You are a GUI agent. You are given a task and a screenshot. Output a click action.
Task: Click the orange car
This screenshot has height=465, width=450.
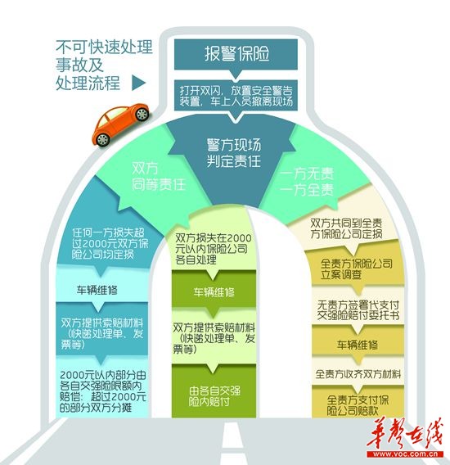120,124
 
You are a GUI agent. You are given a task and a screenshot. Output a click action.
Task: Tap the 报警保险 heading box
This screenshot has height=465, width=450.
236,54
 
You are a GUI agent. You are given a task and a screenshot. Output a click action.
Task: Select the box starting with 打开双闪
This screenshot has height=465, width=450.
236,96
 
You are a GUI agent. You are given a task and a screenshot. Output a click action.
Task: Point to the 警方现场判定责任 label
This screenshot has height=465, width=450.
234,153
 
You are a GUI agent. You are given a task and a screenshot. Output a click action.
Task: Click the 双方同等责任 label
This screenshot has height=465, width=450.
159,177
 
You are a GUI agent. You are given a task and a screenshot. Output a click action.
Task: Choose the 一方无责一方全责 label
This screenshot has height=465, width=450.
307,182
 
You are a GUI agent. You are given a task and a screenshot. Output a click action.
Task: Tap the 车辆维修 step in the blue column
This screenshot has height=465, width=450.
97,290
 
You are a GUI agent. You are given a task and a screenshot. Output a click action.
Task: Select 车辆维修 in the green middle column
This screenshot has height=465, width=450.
214,292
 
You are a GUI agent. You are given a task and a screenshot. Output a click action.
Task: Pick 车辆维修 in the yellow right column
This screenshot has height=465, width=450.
358,345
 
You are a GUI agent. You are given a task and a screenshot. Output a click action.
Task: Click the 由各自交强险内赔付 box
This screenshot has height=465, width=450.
214,396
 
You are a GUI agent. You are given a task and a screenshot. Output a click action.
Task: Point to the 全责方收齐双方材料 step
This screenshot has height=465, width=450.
358,374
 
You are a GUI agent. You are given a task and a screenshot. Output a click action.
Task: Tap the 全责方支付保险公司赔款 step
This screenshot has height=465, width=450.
358,405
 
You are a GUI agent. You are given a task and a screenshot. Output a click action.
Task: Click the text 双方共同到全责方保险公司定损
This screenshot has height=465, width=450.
346,228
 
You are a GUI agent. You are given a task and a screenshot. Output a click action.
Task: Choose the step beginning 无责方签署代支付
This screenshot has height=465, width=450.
358,310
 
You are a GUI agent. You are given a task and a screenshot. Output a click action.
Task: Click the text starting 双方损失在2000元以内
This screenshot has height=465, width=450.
214,249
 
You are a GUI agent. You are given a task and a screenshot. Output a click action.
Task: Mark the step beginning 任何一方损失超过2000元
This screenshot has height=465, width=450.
110,243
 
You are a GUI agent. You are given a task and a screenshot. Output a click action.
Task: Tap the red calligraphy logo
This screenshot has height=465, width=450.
405,435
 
